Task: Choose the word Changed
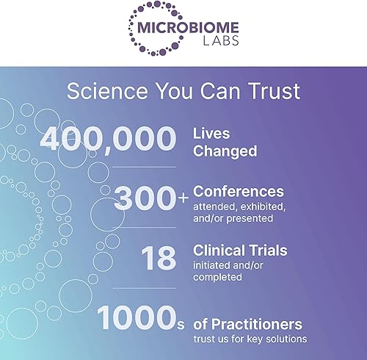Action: click(x=225, y=151)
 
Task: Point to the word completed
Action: click(x=219, y=278)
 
